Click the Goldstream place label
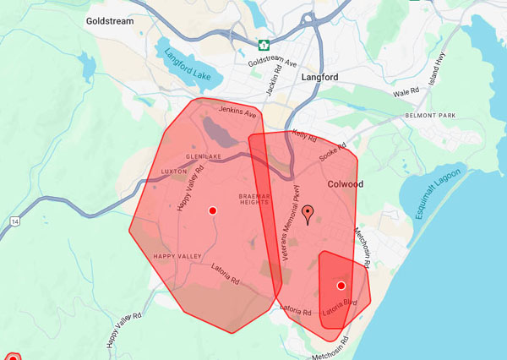point(110,20)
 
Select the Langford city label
point(319,77)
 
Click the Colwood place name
point(345,183)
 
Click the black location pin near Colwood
point(308,215)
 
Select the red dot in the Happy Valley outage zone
point(212,210)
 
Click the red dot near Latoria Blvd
point(341,286)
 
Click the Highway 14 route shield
point(14,221)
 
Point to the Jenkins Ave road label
point(237,112)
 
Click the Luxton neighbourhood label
point(174,172)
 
